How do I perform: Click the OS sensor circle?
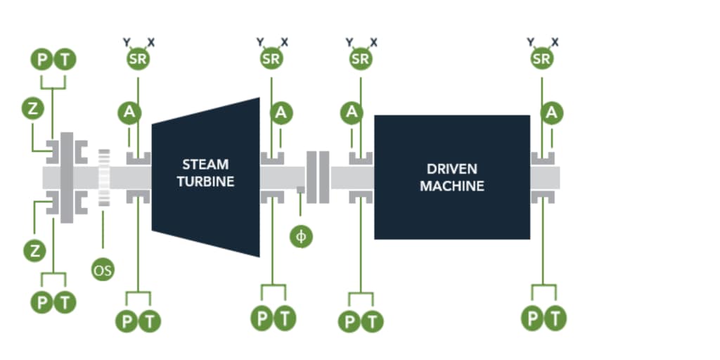tap(103, 269)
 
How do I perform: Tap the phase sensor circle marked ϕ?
tap(302, 236)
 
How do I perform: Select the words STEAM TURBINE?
tap(205, 173)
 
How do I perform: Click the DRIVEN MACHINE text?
tap(451, 178)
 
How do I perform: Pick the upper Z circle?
tap(32, 109)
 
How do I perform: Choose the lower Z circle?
tap(32, 248)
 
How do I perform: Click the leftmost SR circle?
tap(138, 59)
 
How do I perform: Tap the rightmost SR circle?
tap(541, 59)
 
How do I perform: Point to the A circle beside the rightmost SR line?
tap(553, 112)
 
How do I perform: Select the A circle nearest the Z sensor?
tap(129, 112)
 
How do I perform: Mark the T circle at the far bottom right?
tap(555, 319)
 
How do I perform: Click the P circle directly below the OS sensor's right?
tap(127, 321)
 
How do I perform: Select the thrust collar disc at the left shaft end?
tap(67, 177)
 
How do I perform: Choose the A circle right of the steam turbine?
tap(281, 112)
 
